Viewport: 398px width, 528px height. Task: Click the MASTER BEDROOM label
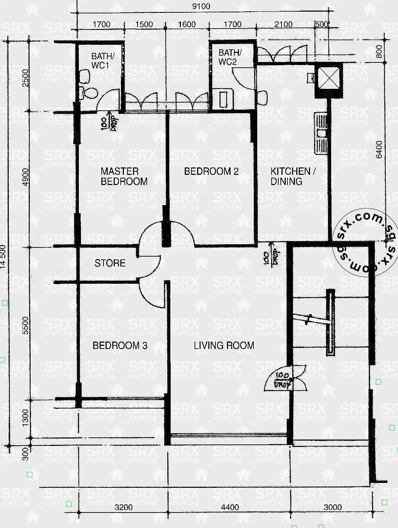pyautogui.click(x=124, y=176)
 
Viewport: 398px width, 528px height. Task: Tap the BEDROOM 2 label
pyautogui.click(x=211, y=171)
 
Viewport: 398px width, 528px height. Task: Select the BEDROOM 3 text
pyautogui.click(x=120, y=345)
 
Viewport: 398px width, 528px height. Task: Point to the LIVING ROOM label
pyautogui.click(x=224, y=345)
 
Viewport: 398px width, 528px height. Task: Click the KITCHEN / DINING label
pyautogui.click(x=293, y=176)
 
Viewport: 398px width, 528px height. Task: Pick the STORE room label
pyautogui.click(x=110, y=263)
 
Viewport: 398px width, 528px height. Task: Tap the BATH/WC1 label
pyautogui.click(x=102, y=61)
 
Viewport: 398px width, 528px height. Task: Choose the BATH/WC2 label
pyautogui.click(x=230, y=57)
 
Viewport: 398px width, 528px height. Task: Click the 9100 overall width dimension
pyautogui.click(x=201, y=6)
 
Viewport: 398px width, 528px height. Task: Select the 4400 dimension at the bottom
pyautogui.click(x=230, y=507)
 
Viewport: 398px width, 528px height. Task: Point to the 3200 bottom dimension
pyautogui.click(x=124, y=507)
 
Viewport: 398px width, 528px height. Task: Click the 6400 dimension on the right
pyautogui.click(x=379, y=150)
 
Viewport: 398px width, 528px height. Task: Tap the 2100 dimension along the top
pyautogui.click(x=283, y=24)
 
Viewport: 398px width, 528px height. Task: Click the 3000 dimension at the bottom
pyautogui.click(x=332, y=507)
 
